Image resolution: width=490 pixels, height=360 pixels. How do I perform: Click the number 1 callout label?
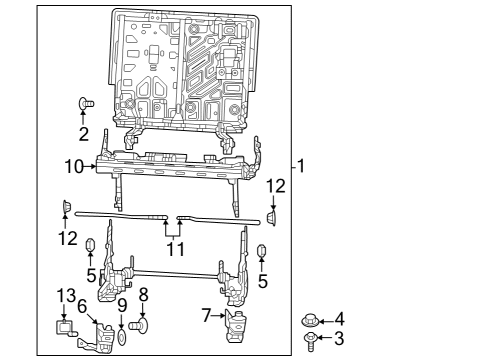(x=301, y=165)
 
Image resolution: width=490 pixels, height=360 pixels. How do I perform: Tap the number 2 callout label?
(x=84, y=133)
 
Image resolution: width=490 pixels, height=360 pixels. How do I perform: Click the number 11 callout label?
(x=175, y=248)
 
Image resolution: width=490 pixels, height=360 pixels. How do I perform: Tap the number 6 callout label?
(x=82, y=307)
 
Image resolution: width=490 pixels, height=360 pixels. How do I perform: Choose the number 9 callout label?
(x=122, y=306)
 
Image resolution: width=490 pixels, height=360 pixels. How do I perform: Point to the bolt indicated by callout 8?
(x=142, y=325)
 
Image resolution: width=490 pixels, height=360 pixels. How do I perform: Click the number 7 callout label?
(x=206, y=316)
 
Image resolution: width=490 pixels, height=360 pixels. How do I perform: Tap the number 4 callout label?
(x=338, y=320)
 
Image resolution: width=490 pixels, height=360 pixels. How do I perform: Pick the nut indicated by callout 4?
(x=310, y=321)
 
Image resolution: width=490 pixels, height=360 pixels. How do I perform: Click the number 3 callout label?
(x=338, y=340)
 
